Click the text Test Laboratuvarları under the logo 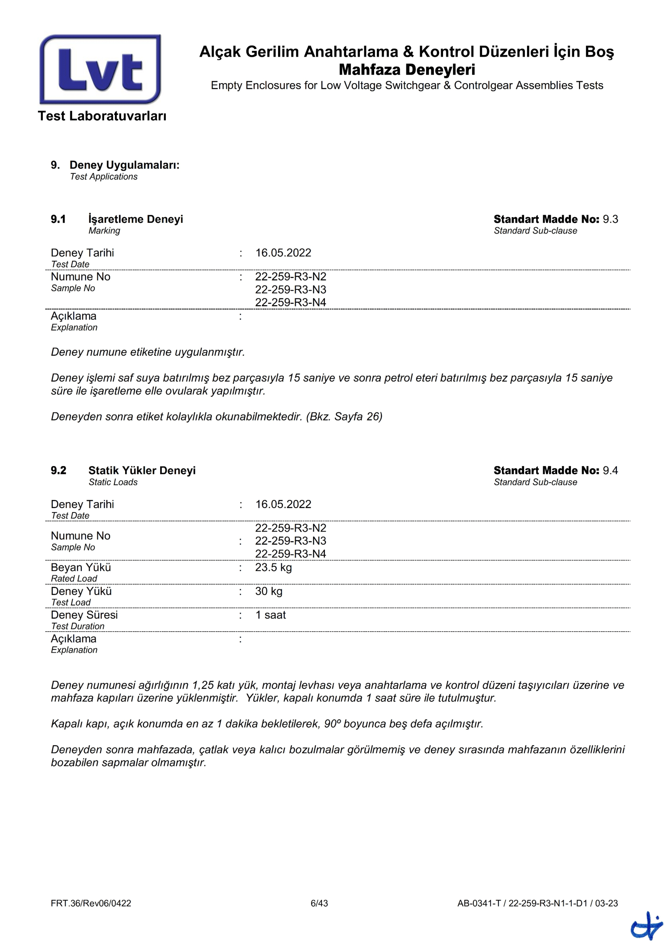click(102, 116)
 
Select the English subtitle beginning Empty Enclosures click(406, 86)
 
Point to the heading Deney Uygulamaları click(124, 165)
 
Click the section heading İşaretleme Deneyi click(136, 219)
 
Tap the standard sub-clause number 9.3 click(610, 219)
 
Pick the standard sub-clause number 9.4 click(610, 470)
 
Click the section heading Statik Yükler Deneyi click(142, 470)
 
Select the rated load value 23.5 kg click(273, 567)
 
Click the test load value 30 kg click(268, 591)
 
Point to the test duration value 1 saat click(270, 615)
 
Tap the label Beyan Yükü click(81, 567)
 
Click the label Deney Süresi click(84, 615)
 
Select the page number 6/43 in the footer click(319, 903)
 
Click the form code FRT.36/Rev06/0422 click(91, 903)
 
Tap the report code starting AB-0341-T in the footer click(537, 903)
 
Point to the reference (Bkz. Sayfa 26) click(344, 417)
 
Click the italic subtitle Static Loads click(113, 482)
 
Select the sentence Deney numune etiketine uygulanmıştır click(148, 352)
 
